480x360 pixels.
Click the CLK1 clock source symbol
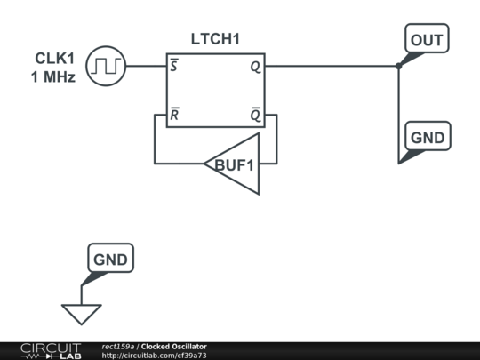click(x=107, y=66)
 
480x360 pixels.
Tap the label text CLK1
click(x=54, y=60)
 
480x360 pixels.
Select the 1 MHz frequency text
click(x=53, y=77)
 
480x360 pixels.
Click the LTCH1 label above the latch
click(x=215, y=39)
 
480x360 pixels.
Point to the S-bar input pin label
click(x=174, y=68)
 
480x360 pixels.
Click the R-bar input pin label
click(x=174, y=115)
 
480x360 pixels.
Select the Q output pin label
click(x=256, y=68)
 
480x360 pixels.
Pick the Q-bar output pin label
click(x=256, y=115)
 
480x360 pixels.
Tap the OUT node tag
click(x=426, y=40)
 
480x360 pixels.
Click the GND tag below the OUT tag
click(x=427, y=139)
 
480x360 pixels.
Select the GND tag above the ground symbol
click(x=111, y=260)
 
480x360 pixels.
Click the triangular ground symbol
click(x=82, y=314)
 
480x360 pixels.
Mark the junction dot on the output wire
click(x=398, y=66)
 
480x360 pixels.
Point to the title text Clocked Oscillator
click(x=174, y=347)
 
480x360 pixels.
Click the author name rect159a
click(x=118, y=347)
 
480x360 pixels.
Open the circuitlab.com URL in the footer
click(x=155, y=356)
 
